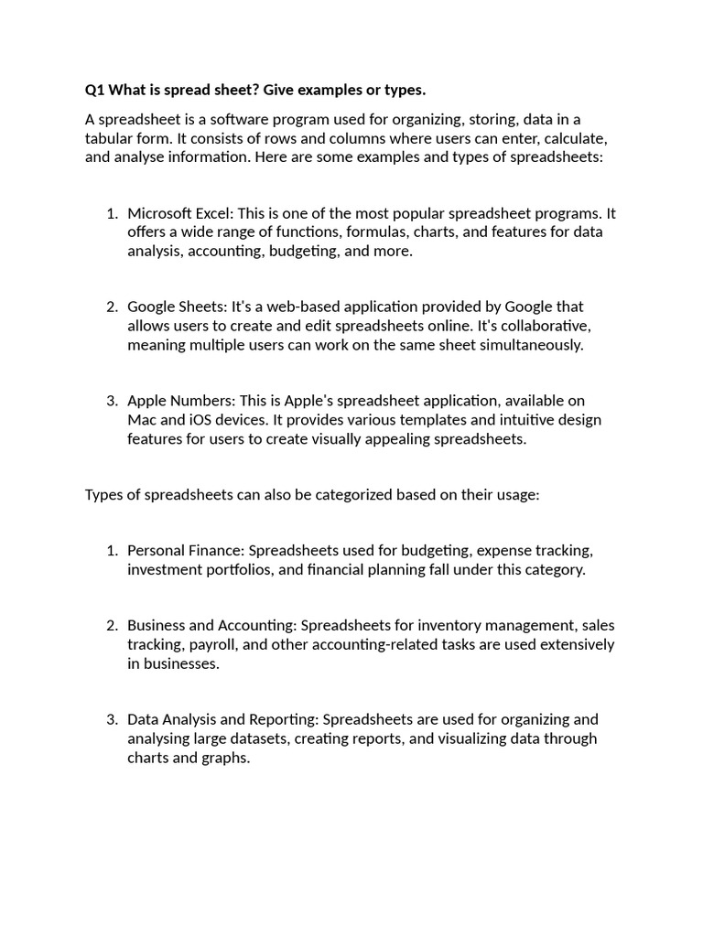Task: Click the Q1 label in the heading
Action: coord(95,90)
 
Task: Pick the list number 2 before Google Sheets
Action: coord(112,307)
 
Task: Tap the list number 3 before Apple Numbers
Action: coord(112,401)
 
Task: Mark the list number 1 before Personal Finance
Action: coord(112,551)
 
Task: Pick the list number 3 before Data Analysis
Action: coord(112,719)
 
